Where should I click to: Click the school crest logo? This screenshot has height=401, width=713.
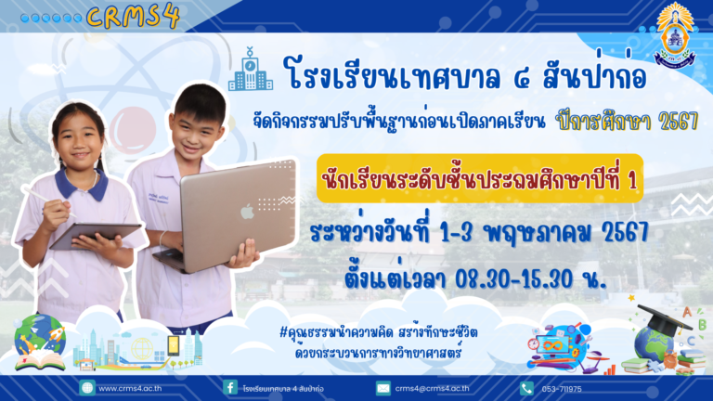(673, 35)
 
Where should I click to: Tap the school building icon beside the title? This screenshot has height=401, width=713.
(251, 71)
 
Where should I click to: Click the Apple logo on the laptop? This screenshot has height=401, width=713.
(247, 211)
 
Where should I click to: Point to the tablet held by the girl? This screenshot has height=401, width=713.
(94, 234)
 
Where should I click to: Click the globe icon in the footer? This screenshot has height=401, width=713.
(86, 388)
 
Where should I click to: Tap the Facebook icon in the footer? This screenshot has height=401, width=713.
(229, 388)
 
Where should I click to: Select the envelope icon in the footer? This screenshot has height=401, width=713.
(382, 388)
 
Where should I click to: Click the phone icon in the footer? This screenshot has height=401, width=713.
(526, 388)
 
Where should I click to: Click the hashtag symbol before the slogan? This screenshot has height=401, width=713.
(282, 333)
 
